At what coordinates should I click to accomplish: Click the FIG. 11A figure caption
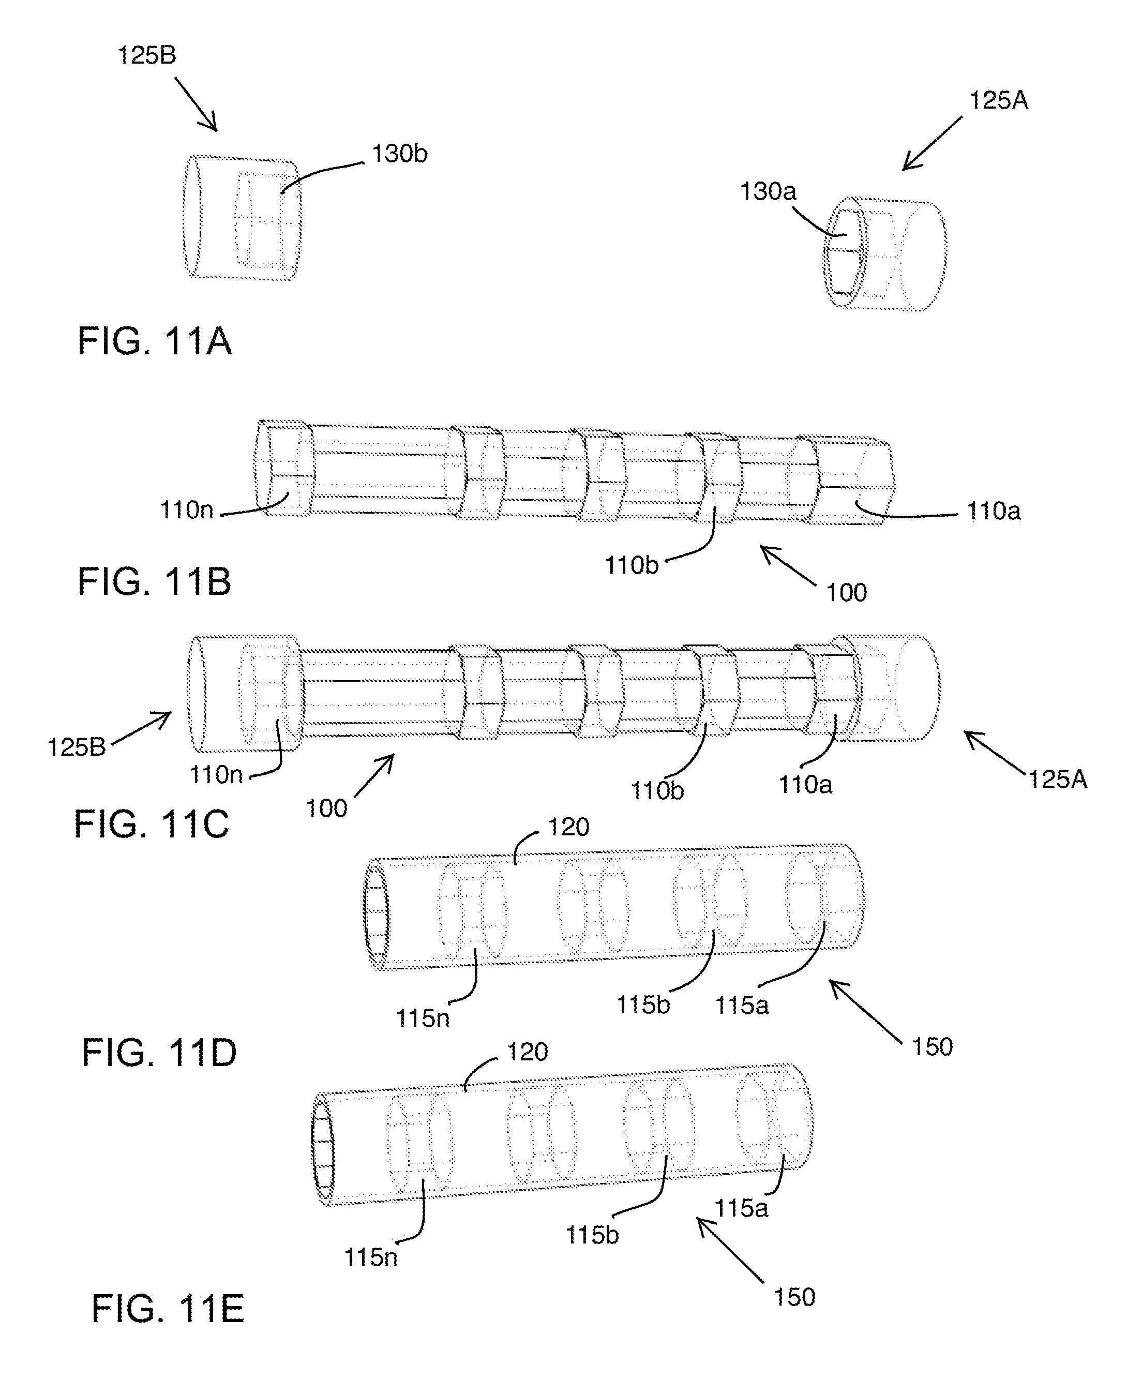(x=155, y=341)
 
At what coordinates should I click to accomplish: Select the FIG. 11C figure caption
(x=151, y=824)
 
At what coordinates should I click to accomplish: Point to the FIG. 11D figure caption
(x=159, y=1053)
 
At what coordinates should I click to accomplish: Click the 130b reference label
(x=399, y=154)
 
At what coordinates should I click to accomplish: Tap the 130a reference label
(x=768, y=191)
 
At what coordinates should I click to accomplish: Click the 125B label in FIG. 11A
(x=147, y=55)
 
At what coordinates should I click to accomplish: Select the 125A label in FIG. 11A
(x=998, y=101)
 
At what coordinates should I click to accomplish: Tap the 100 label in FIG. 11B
(x=847, y=592)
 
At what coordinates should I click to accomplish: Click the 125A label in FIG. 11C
(x=1058, y=779)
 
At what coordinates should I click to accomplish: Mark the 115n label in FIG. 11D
(x=423, y=1018)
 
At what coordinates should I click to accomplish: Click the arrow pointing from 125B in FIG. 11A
(x=196, y=104)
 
